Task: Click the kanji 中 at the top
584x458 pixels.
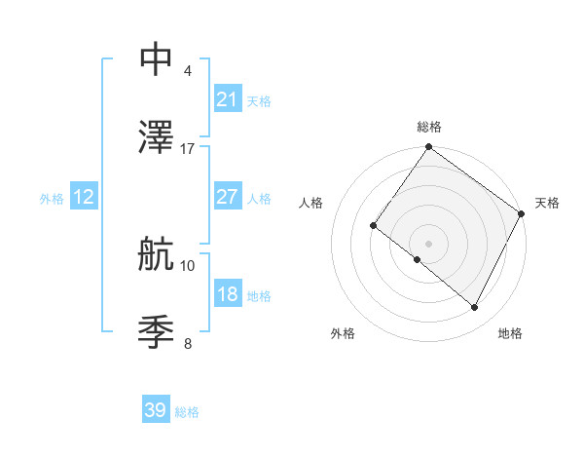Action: pos(157,59)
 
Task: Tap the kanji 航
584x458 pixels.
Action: pos(157,254)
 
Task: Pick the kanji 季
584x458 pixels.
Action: pos(157,332)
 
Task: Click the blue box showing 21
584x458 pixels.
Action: pos(227,99)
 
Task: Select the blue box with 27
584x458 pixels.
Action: pos(227,197)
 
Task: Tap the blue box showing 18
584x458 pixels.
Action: pos(227,294)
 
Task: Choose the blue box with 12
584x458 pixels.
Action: pos(84,197)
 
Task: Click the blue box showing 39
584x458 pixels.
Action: pos(156,411)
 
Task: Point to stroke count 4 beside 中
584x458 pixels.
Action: pos(187,71)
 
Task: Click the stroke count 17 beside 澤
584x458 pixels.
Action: pos(188,149)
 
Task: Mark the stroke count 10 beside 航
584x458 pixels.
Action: pos(188,265)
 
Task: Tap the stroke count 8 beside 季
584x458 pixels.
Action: pos(187,343)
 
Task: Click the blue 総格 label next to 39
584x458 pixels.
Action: pos(187,412)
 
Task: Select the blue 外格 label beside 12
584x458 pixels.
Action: pos(52,198)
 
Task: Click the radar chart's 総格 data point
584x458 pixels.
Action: pos(428,148)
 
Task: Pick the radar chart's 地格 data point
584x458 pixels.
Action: pos(475,308)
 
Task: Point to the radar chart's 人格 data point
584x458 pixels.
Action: pos(373,226)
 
